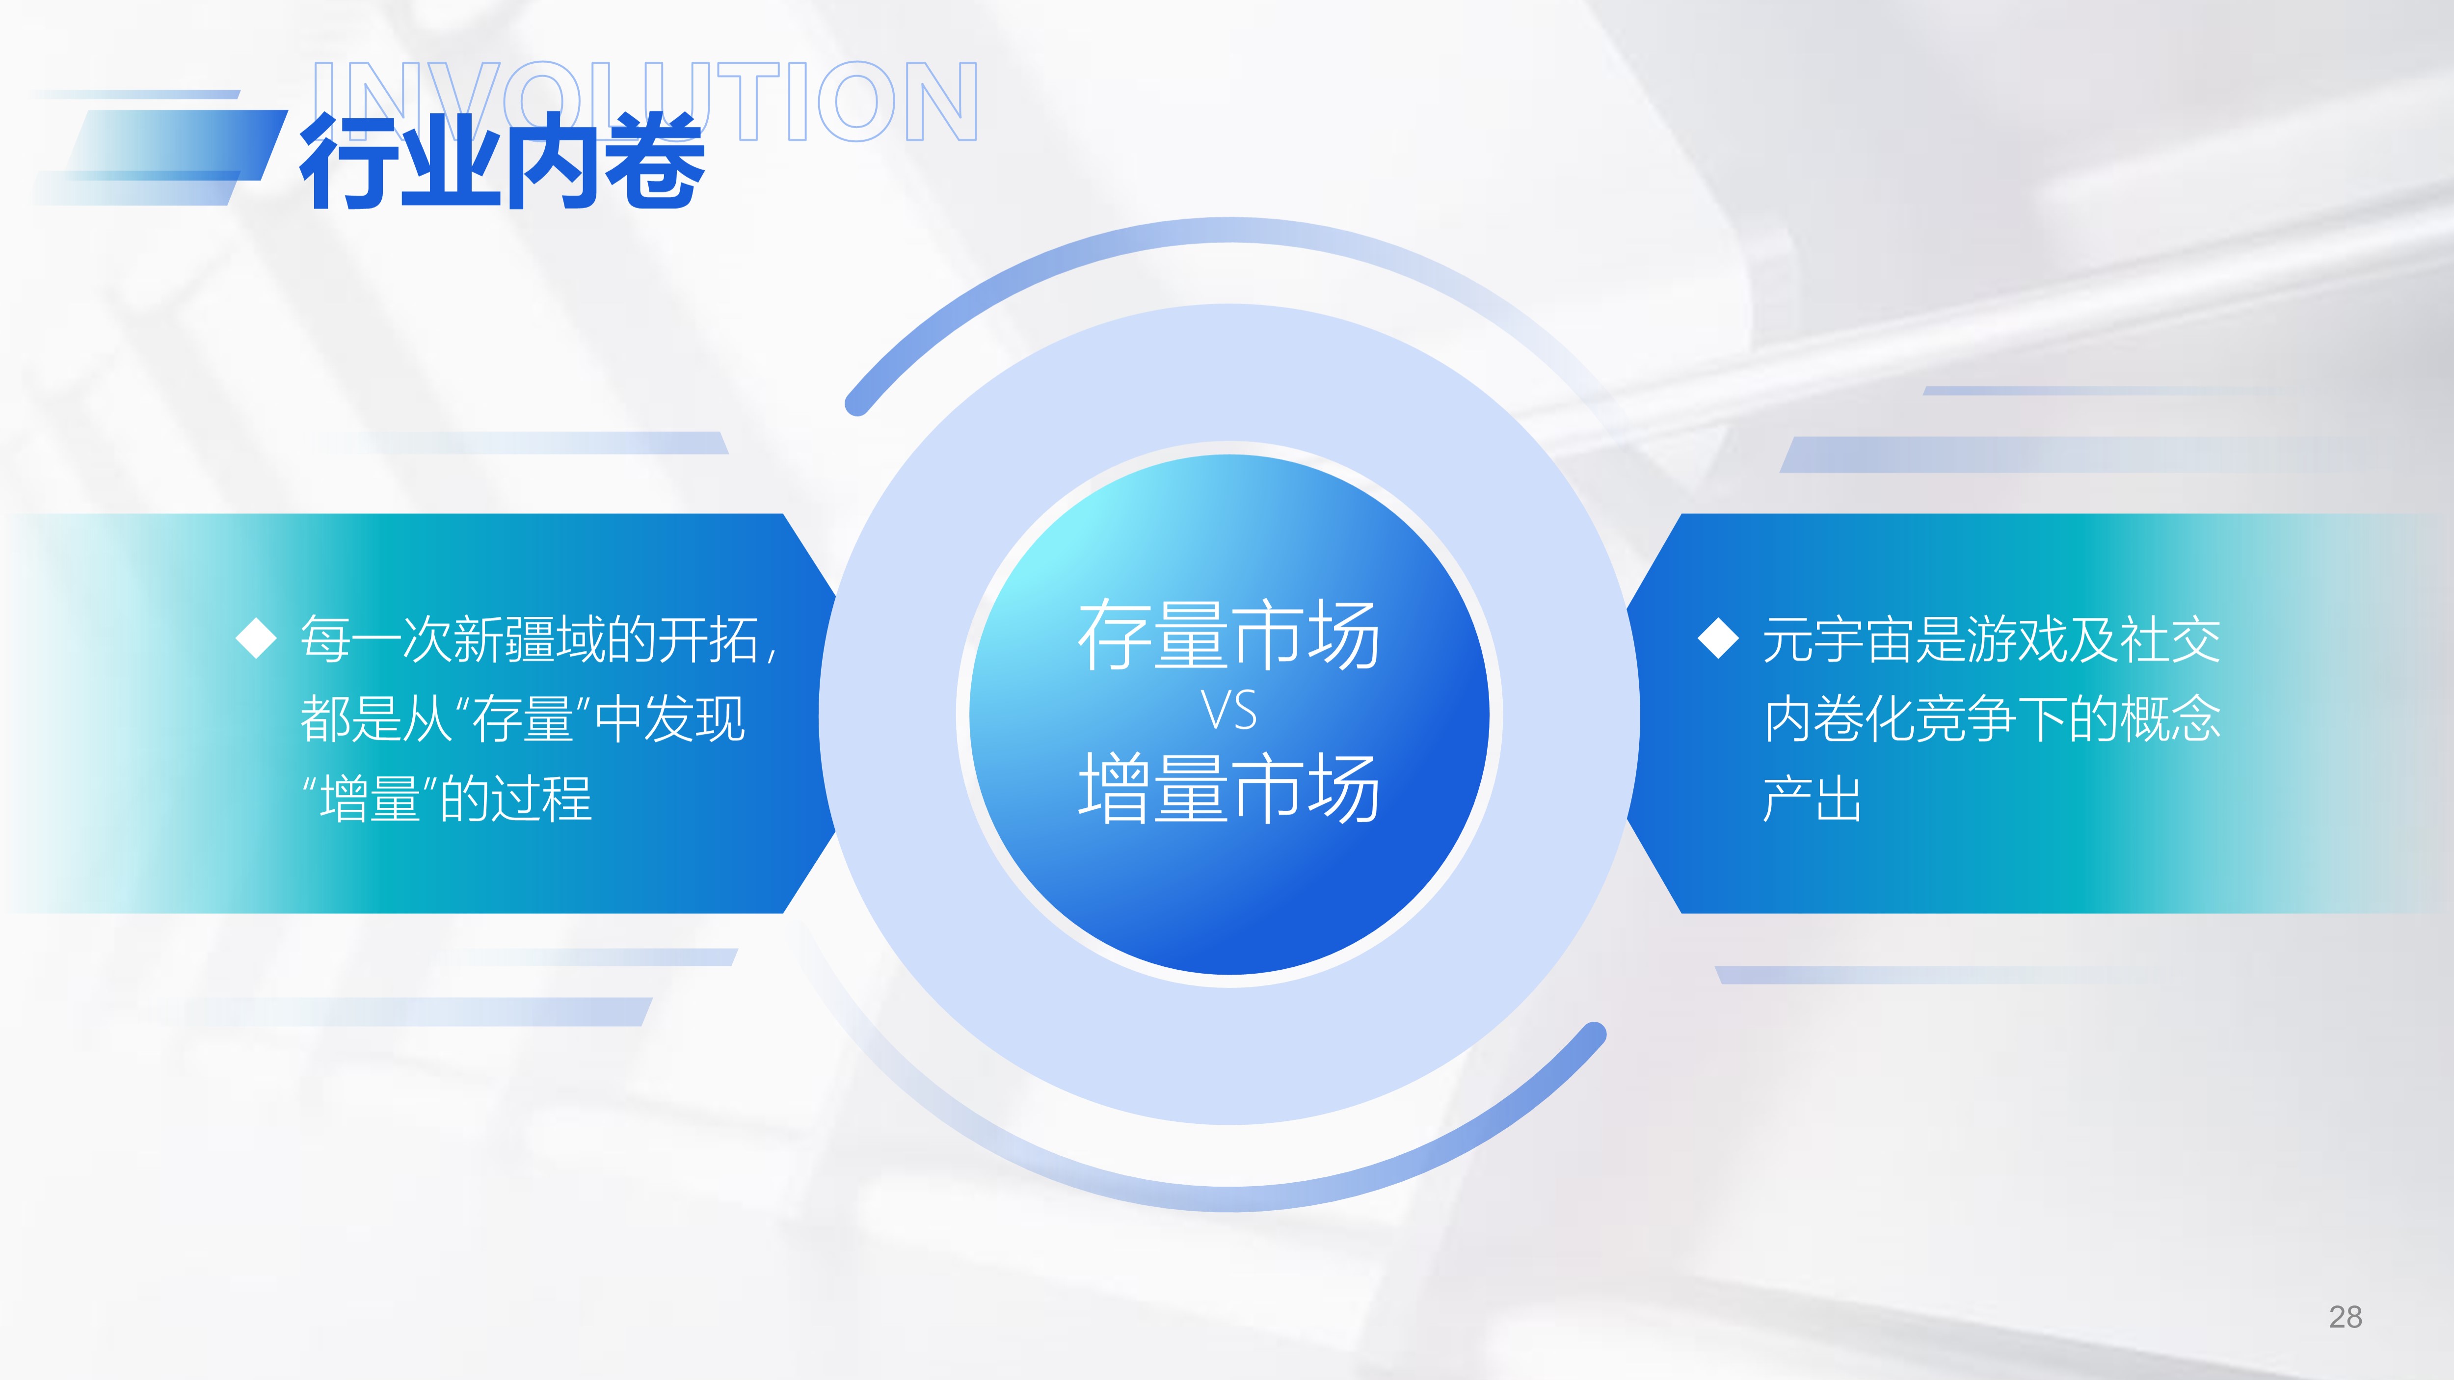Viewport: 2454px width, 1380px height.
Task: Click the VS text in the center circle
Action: coord(1229,711)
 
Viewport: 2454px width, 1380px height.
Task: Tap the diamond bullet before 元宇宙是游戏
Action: coord(1719,638)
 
